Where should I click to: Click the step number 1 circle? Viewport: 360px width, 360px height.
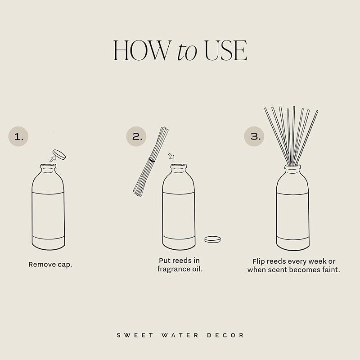pos(18,136)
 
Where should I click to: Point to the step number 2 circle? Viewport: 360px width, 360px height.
pos(136,136)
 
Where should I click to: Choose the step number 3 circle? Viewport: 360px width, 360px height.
pos(254,136)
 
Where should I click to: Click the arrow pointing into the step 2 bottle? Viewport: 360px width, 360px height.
pos(171,157)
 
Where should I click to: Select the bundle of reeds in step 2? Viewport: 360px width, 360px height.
pos(151,161)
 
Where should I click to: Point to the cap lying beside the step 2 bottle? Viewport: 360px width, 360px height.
pos(212,239)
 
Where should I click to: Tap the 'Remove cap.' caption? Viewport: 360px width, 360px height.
pos(50,265)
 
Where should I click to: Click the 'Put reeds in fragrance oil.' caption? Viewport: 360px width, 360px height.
pos(179,265)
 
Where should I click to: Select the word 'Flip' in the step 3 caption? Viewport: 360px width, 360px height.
pos(259,261)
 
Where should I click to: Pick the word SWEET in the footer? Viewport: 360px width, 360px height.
pos(130,335)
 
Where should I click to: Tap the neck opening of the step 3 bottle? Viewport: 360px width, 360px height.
pos(292,166)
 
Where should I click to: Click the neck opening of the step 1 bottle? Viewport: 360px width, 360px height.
pos(48,166)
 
